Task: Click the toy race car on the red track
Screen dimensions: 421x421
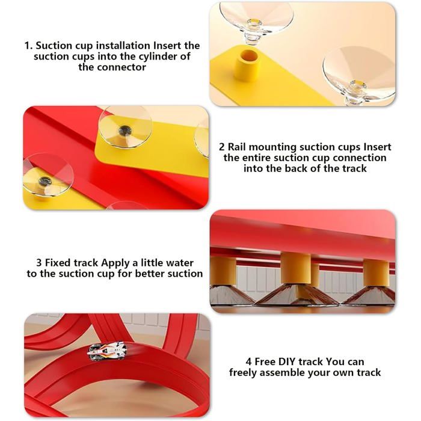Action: pyautogui.click(x=107, y=351)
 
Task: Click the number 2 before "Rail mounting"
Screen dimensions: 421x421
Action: pyautogui.click(x=222, y=147)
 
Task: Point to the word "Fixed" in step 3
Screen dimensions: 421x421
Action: pyautogui.click(x=58, y=263)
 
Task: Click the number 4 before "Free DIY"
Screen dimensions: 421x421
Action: pyautogui.click(x=248, y=362)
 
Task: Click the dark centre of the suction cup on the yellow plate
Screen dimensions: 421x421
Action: pyautogui.click(x=125, y=131)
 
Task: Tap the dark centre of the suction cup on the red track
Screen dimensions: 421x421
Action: pyautogui.click(x=45, y=181)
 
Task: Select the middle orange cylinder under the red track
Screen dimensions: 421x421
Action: pyautogui.click(x=295, y=268)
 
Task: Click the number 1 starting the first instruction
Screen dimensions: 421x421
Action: pyautogui.click(x=28, y=46)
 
